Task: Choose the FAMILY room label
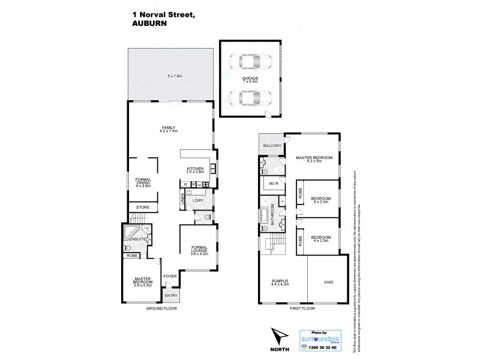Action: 170,128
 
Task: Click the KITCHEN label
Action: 196,169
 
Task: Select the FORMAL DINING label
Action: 143,182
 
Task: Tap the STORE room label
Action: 142,208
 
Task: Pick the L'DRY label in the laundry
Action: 199,200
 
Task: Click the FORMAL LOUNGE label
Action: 199,251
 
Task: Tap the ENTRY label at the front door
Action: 171,295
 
